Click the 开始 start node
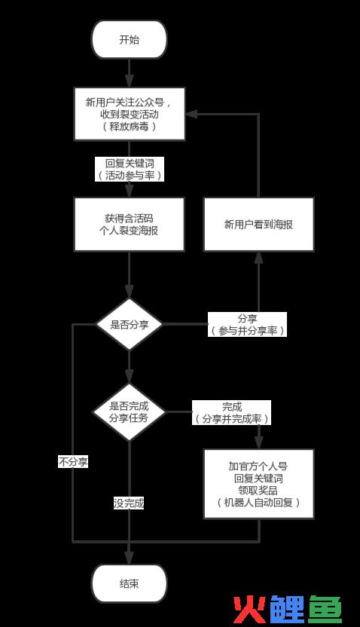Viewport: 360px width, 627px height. pos(129,40)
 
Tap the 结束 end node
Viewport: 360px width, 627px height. pos(129,583)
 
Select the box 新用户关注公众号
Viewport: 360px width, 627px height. pos(130,114)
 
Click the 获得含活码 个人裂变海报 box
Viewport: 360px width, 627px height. pos(129,225)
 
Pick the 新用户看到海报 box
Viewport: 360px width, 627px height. pos(258,225)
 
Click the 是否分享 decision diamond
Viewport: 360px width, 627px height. pos(129,324)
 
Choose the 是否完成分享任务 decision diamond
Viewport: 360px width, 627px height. pos(129,412)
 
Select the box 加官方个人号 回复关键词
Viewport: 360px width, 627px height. pos(258,484)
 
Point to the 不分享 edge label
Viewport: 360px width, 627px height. pos(73,462)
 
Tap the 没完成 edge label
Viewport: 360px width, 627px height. pos(129,503)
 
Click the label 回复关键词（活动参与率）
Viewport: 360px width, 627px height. pos(130,169)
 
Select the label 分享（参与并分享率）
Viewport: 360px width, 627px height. pos(247,324)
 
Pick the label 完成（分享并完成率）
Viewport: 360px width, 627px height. pos(232,412)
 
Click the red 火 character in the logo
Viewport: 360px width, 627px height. pos(250,610)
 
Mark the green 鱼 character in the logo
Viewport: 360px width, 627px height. pos(325,610)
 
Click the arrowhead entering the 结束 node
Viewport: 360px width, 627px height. pos(129,558)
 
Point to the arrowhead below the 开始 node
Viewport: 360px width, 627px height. pos(129,81)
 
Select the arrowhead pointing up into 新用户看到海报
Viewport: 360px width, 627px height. pos(259,258)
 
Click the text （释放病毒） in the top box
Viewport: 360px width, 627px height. pos(130,127)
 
